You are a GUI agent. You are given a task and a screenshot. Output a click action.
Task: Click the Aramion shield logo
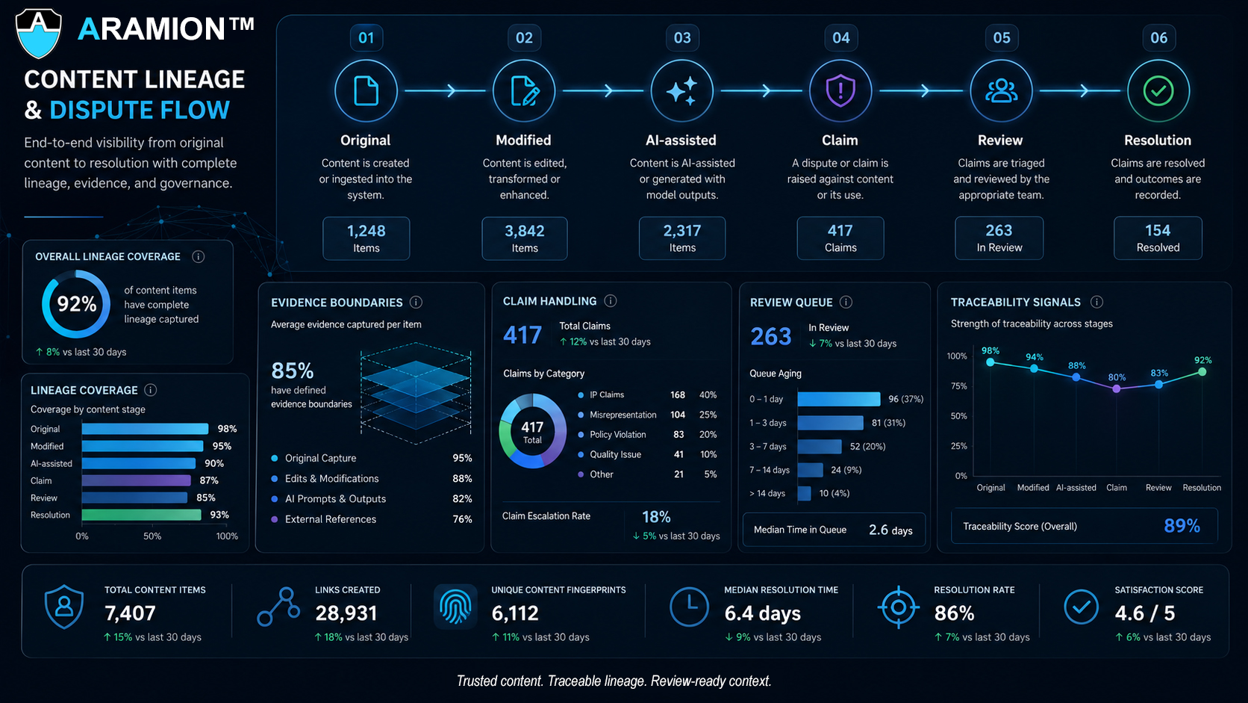click(x=39, y=33)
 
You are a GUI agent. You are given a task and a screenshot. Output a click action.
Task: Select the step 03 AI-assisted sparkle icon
click(x=681, y=90)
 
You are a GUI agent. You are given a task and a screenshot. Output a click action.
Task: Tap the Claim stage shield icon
click(x=840, y=90)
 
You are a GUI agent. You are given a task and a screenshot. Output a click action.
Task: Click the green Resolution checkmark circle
click(x=1158, y=90)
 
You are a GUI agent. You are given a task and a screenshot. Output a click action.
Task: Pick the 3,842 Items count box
click(x=524, y=238)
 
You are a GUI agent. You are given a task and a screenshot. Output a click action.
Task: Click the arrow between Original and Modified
click(x=445, y=90)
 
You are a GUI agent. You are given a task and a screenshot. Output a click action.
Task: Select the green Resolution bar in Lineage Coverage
click(x=142, y=515)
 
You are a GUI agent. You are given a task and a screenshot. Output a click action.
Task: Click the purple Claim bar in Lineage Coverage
click(x=137, y=480)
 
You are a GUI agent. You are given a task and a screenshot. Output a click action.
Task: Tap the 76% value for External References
click(x=463, y=519)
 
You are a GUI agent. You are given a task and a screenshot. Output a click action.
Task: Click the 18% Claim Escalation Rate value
click(x=656, y=517)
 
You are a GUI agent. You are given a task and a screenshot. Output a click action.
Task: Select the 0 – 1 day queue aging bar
click(x=838, y=399)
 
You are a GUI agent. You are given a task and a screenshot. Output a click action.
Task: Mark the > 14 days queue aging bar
click(x=804, y=493)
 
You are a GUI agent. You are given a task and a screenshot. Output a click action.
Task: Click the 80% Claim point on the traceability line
click(x=1117, y=388)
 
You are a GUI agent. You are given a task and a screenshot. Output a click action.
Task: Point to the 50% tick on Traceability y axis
click(x=958, y=416)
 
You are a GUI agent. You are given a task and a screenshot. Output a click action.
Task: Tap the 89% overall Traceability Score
click(x=1182, y=526)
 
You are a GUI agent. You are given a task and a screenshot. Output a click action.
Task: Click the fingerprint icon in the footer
click(x=455, y=607)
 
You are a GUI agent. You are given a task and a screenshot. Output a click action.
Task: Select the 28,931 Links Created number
click(x=346, y=613)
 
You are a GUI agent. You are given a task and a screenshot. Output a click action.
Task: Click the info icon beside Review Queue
click(x=846, y=302)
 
